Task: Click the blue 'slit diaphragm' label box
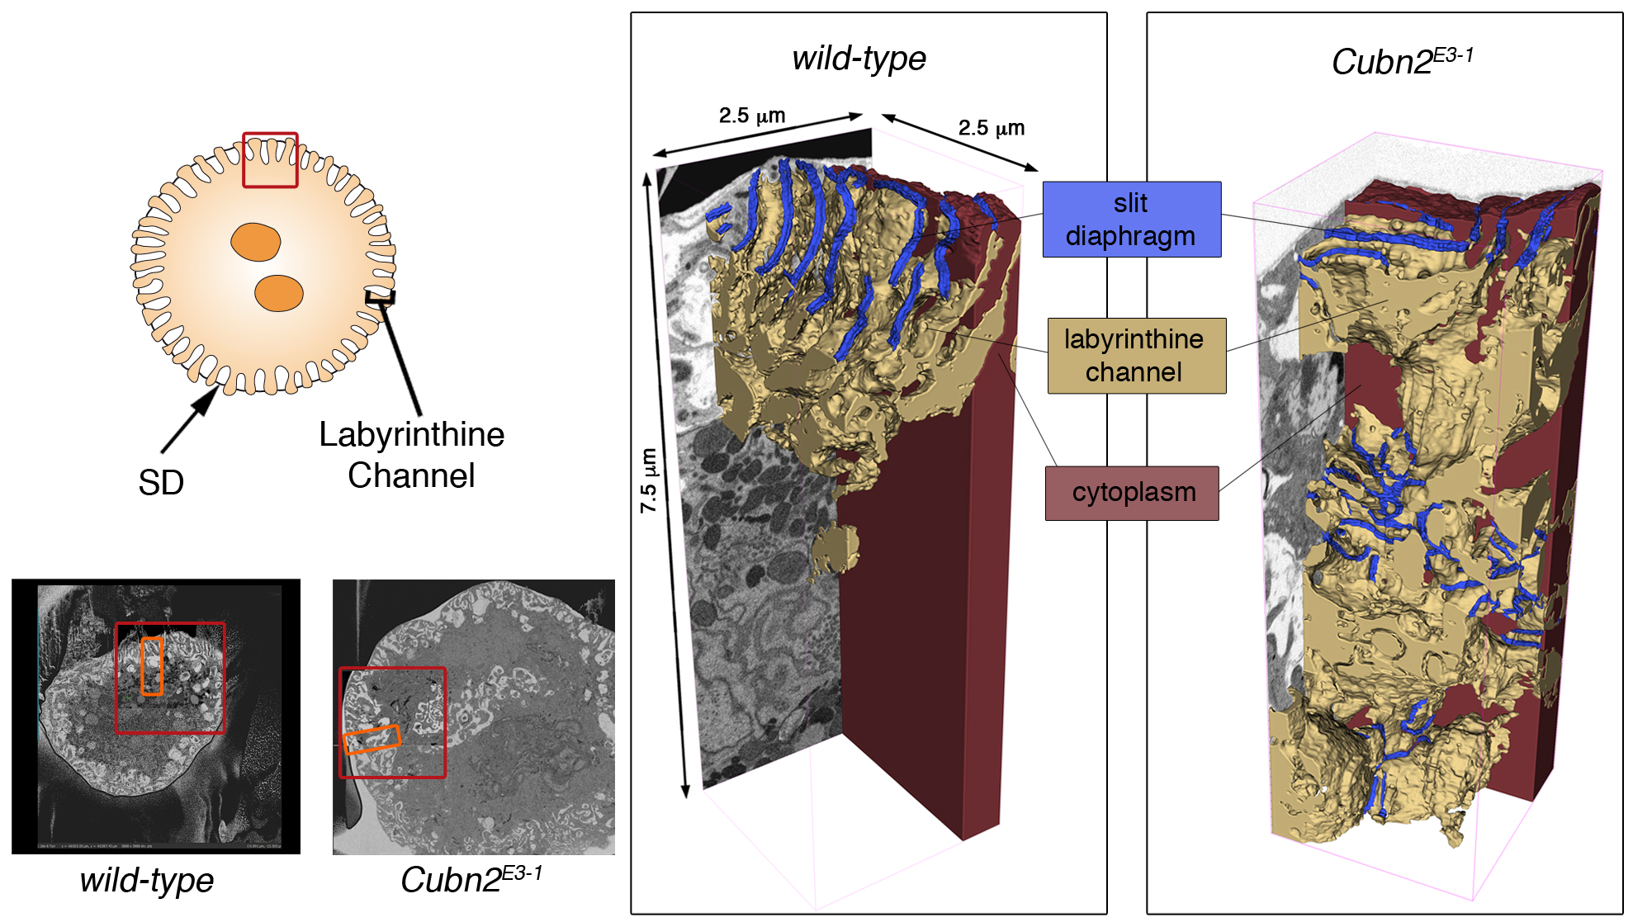pyautogui.click(x=1131, y=220)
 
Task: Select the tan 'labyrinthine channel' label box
pyautogui.click(x=1136, y=356)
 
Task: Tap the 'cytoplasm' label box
pyautogui.click(x=1132, y=493)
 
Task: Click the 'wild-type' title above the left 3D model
pyautogui.click(x=859, y=59)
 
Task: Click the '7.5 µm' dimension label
pyautogui.click(x=650, y=480)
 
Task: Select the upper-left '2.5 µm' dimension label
pyautogui.click(x=751, y=116)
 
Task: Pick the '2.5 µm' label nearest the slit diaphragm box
pyautogui.click(x=991, y=128)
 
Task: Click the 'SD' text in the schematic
pyautogui.click(x=161, y=483)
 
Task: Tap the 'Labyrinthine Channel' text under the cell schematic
pyautogui.click(x=411, y=455)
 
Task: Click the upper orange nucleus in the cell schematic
pyautogui.click(x=255, y=242)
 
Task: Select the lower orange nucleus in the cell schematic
pyautogui.click(x=279, y=293)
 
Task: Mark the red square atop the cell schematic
pyautogui.click(x=270, y=160)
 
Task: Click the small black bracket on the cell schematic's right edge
pyautogui.click(x=381, y=297)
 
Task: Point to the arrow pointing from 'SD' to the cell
pyautogui.click(x=190, y=421)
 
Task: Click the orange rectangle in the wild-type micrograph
pyautogui.click(x=152, y=665)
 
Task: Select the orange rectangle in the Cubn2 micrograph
pyautogui.click(x=372, y=739)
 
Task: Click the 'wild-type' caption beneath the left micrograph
pyautogui.click(x=147, y=880)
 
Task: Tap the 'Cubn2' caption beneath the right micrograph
pyautogui.click(x=471, y=880)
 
